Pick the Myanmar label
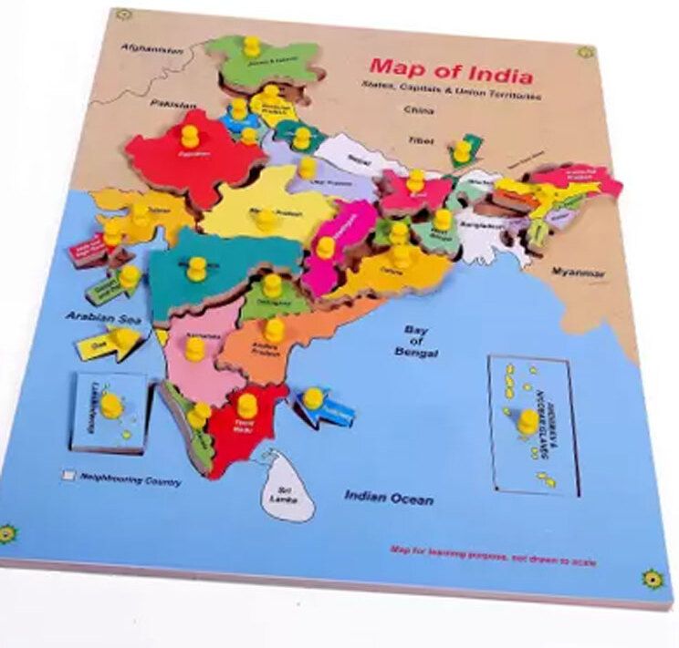click(x=580, y=272)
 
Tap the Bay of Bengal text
click(x=417, y=342)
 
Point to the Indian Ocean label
click(x=389, y=497)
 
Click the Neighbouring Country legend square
click(x=68, y=475)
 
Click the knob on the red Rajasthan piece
click(x=190, y=137)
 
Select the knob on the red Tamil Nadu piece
click(x=246, y=402)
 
